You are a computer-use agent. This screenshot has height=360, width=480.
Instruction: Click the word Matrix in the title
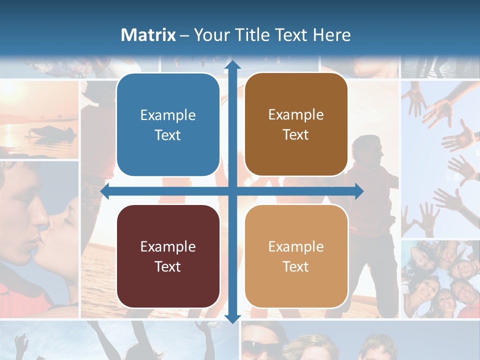click(x=148, y=35)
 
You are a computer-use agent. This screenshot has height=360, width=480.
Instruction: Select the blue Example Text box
click(x=168, y=125)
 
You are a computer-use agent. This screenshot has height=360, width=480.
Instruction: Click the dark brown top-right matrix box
click(x=296, y=124)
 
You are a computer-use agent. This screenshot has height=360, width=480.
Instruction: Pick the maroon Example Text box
click(x=168, y=256)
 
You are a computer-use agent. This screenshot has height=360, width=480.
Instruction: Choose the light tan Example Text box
click(x=296, y=256)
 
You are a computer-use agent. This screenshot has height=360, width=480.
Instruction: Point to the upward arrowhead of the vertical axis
click(x=232, y=65)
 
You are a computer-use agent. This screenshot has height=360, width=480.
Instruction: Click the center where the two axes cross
click(x=232, y=191)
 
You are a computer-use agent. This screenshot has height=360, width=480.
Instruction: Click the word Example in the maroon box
click(x=168, y=246)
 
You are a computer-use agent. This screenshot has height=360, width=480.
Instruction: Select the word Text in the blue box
click(x=168, y=135)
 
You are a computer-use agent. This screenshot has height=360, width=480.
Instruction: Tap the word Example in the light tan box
click(x=296, y=246)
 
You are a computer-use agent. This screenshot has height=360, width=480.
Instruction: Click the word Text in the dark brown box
click(x=296, y=134)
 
